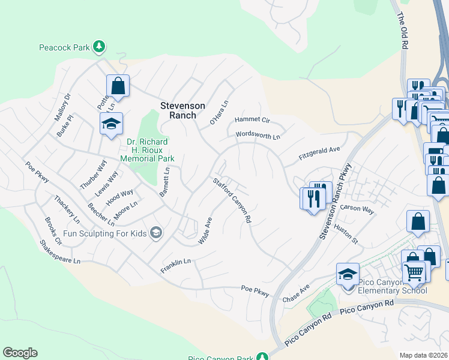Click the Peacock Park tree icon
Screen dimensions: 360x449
click(x=100, y=46)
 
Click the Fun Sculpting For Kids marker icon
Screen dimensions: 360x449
click(x=156, y=232)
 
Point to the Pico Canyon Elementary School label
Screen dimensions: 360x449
click(x=392, y=286)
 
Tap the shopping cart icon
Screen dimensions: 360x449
click(x=414, y=272)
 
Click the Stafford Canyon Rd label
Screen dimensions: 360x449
click(x=232, y=200)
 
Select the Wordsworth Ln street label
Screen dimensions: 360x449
click(x=258, y=136)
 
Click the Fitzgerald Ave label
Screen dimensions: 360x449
click(x=320, y=154)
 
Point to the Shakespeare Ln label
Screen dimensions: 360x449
click(x=59, y=252)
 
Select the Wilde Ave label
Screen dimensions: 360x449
click(x=205, y=230)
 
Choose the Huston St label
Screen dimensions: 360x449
click(x=346, y=235)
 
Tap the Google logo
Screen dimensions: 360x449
click(x=20, y=353)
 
